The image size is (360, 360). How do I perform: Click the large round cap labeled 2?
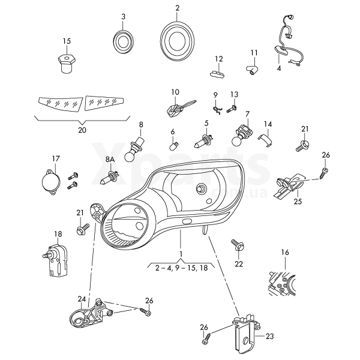(178, 40)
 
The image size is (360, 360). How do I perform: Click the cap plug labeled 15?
(66, 62)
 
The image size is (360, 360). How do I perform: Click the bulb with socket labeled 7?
(242, 136)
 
